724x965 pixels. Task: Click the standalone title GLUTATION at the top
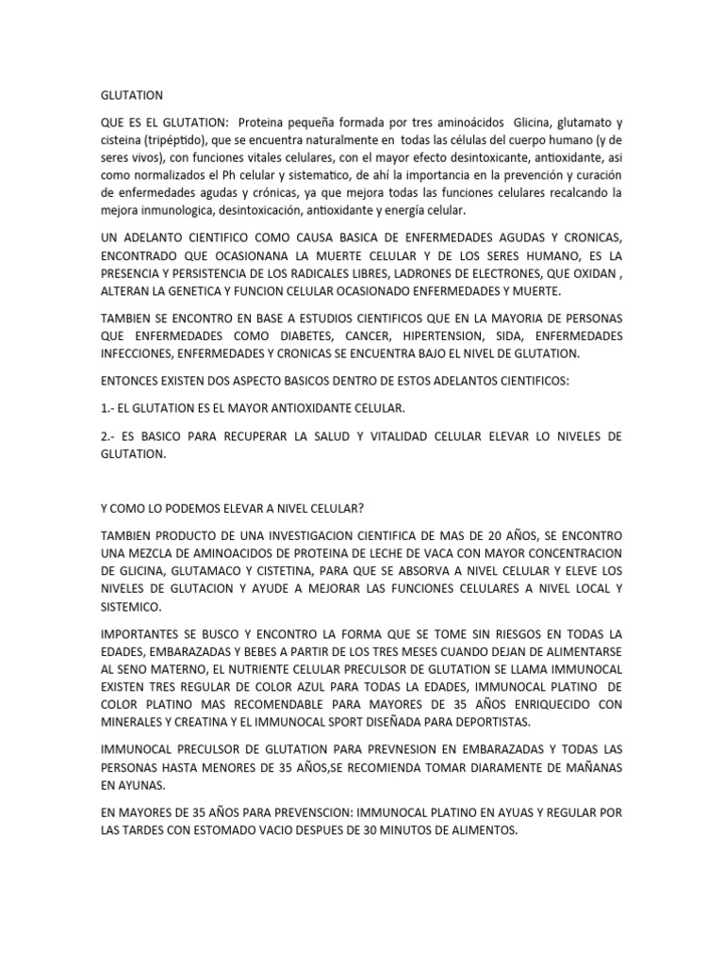pyautogui.click(x=132, y=95)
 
